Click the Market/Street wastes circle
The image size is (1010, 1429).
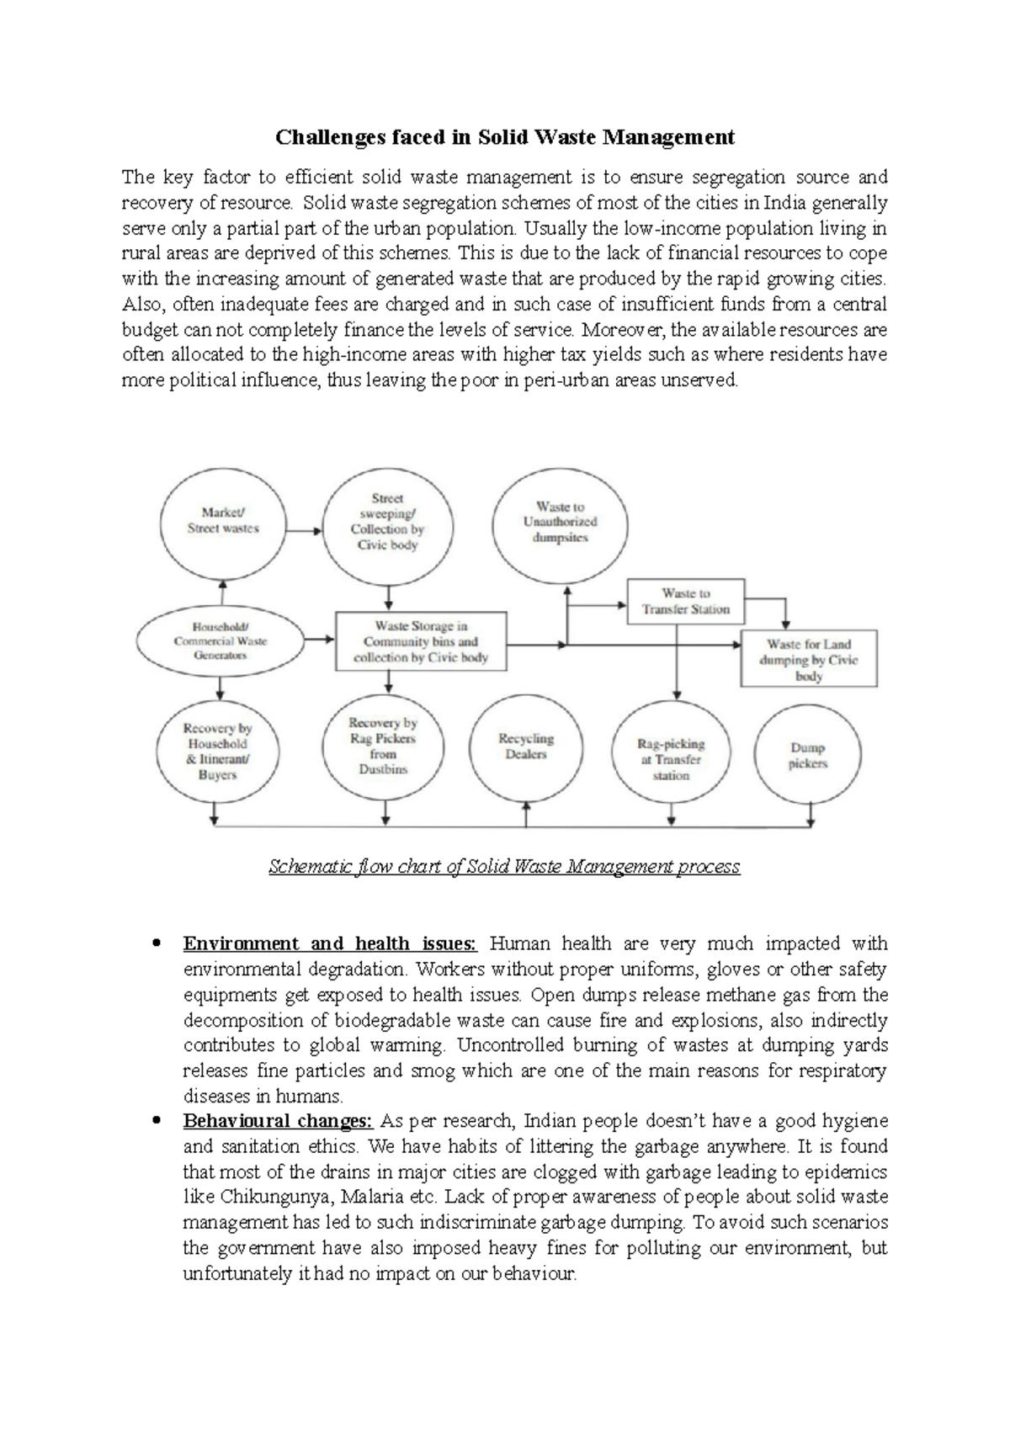click(x=223, y=520)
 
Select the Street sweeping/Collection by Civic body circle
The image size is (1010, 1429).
click(x=388, y=522)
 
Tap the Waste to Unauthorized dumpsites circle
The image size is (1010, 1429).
click(x=560, y=522)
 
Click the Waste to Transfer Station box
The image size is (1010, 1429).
click(x=686, y=601)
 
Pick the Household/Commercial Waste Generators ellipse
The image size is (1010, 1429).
click(x=220, y=640)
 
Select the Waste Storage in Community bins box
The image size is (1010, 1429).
click(x=421, y=641)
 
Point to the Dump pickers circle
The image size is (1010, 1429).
click(x=808, y=755)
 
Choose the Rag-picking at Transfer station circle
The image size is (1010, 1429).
click(x=671, y=758)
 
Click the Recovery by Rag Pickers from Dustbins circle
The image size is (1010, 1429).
click(x=384, y=746)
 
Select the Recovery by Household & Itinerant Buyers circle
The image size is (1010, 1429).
click(x=217, y=751)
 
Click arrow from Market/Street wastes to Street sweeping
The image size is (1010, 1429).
click(x=304, y=530)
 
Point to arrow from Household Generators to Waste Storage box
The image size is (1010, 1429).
click(x=319, y=640)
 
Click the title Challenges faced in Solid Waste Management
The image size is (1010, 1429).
click(x=505, y=136)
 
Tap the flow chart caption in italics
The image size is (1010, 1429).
click(x=503, y=866)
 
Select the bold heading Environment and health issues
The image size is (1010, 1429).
click(x=330, y=943)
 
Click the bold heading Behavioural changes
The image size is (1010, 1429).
click(x=278, y=1121)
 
